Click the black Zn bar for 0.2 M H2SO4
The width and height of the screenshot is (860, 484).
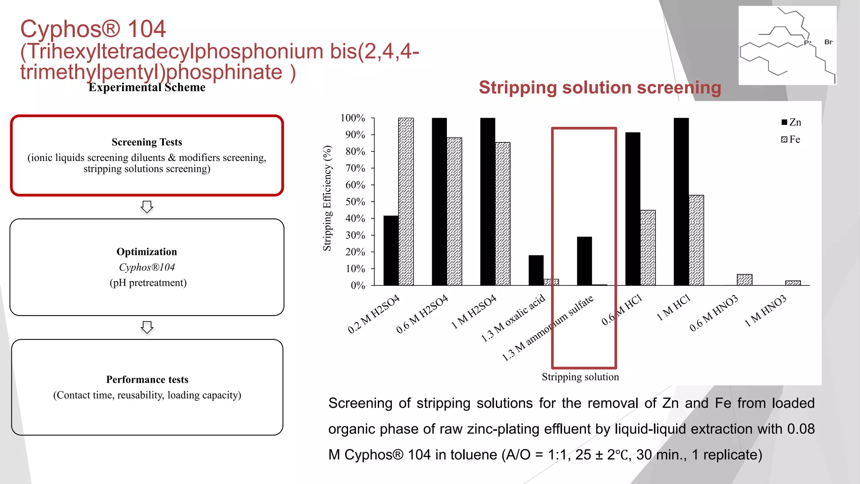tap(391, 250)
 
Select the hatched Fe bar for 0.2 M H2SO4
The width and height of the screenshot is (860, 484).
tap(406, 202)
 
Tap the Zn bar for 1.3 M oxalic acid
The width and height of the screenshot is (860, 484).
tap(536, 270)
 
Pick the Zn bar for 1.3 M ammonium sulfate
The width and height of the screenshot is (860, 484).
tap(584, 261)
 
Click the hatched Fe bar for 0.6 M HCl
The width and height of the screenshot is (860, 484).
tap(648, 247)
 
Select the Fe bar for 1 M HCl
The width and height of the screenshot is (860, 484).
tap(696, 240)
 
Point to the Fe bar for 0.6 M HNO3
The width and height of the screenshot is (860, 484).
tap(745, 280)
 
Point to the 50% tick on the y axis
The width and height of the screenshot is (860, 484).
tap(355, 202)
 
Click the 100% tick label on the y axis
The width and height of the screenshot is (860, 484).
tap(353, 118)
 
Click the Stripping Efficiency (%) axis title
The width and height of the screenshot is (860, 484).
tap(327, 198)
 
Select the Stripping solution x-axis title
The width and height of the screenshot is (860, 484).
tap(580, 377)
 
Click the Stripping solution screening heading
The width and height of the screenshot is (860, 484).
tap(600, 88)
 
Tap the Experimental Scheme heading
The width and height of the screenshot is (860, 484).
tap(147, 87)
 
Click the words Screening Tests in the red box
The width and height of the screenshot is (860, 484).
tap(147, 142)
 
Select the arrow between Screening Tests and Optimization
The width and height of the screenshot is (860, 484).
tap(147, 207)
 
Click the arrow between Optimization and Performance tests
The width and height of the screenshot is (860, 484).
tap(147, 327)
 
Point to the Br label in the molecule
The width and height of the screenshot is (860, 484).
tap(829, 42)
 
